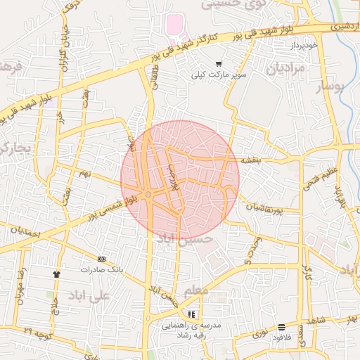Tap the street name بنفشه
coord(251,160)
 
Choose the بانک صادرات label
coord(101,269)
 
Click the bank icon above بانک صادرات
coord(101,259)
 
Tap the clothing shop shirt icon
coord(56,274)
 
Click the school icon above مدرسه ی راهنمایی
coord(192,314)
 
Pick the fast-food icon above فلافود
coord(281,327)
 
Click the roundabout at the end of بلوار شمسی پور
coord(148,195)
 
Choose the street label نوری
coord(259,330)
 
